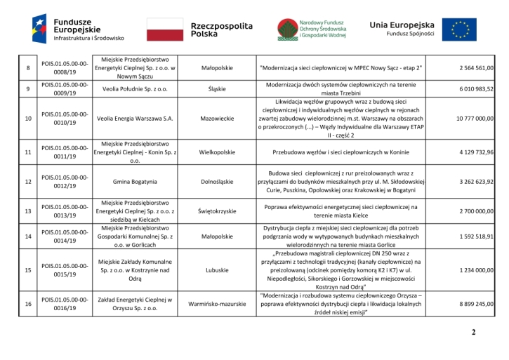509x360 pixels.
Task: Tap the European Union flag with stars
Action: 463,30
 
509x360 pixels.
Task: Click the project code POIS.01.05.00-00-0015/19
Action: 65,269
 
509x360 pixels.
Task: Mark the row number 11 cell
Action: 27,152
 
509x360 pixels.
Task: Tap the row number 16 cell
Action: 27,304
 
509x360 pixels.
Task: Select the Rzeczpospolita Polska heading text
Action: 221,29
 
